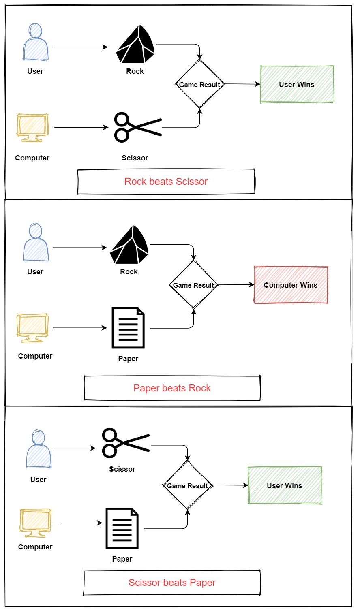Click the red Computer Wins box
pos(291,285)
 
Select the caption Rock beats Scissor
pos(166,182)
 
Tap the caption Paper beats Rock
pos(172,388)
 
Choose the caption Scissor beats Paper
pos(172,582)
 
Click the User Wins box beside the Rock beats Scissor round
pos(297,84)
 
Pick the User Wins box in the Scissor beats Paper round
pos(285,485)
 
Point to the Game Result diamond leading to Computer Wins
pos(194,284)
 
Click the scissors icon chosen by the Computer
pos(138,127)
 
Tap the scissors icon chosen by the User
pos(126,443)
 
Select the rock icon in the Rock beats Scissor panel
pos(135,45)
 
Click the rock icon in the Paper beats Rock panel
pos(129,245)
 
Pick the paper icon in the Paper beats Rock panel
pos(128,328)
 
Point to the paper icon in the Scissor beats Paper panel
pos(122,528)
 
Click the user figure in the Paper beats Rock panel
pos(36,242)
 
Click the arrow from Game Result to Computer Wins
pos(236,285)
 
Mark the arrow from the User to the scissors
pos(75,448)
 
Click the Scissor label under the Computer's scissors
pos(135,158)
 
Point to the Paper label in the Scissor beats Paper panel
pos(122,559)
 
